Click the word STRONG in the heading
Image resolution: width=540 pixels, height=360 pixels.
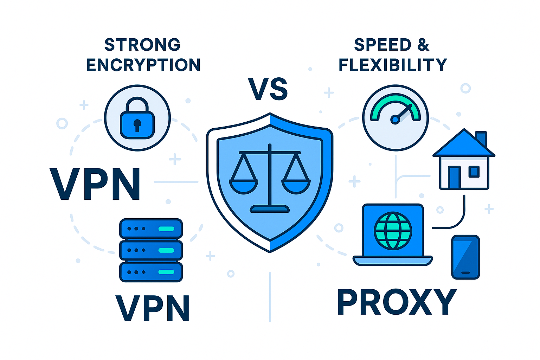142,45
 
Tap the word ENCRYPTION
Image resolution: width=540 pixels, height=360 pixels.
143,65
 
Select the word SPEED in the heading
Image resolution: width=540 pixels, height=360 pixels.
382,45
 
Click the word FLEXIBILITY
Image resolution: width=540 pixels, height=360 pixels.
393,65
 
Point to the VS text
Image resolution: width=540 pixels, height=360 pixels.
268,89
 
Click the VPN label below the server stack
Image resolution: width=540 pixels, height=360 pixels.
153,308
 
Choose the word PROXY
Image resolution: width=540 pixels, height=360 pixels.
397,302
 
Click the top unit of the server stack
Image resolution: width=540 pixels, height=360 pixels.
151,229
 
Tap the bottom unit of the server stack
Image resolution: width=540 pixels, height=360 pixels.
151,272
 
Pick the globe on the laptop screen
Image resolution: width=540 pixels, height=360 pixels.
393,230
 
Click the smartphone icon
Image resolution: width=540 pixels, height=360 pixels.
465,257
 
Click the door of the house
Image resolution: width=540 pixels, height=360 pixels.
454,177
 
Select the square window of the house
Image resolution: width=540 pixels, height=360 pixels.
474,172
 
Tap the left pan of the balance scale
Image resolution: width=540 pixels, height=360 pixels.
244,186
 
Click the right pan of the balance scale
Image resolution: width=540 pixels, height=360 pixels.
296,186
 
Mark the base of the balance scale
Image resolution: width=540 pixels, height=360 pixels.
270,209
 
